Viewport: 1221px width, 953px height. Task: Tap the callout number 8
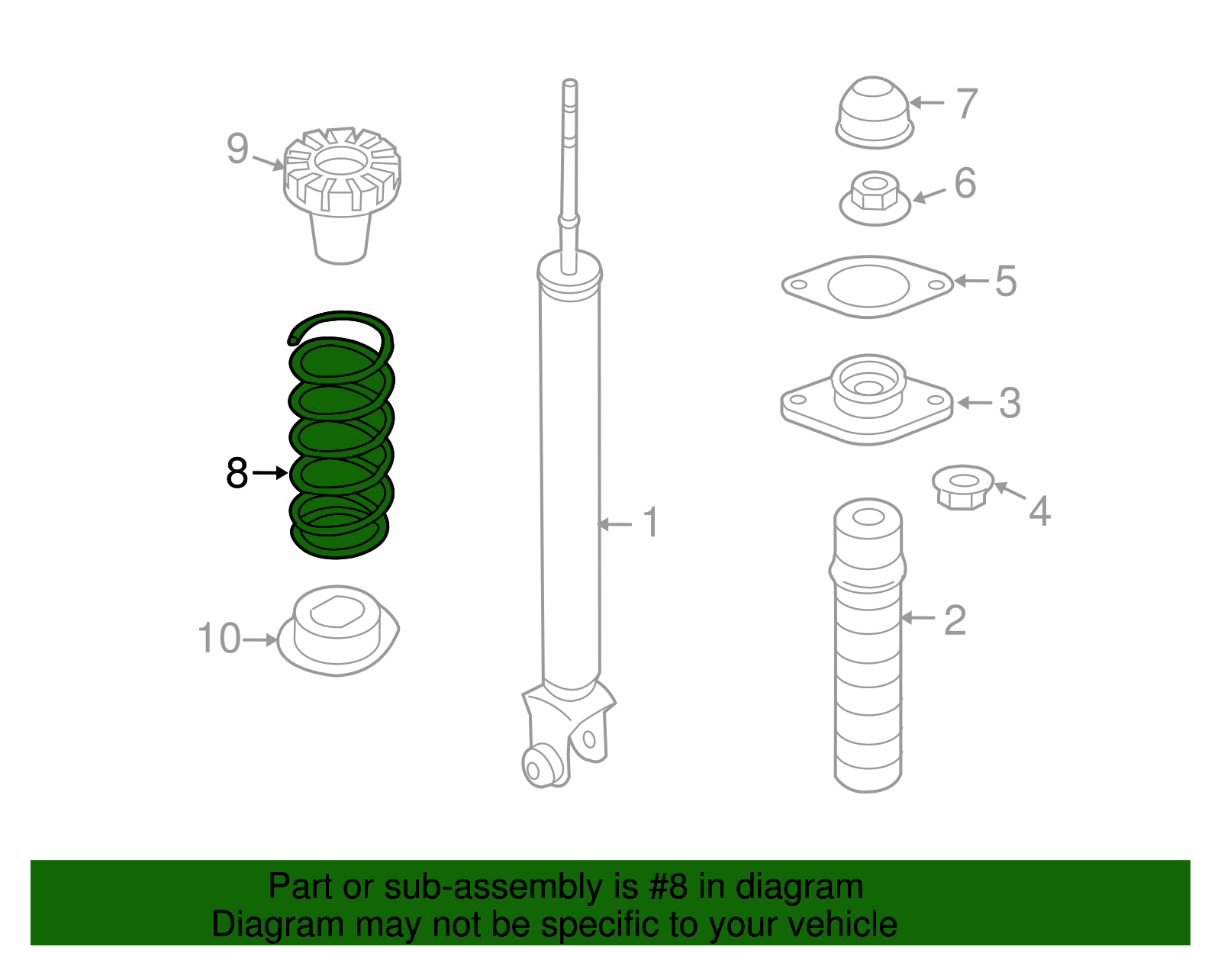pos(237,473)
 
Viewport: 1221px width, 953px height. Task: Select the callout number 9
pos(237,148)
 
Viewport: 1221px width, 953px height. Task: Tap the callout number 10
pos(219,638)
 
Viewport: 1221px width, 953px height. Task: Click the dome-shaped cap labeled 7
pos(874,111)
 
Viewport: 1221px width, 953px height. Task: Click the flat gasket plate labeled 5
pos(868,286)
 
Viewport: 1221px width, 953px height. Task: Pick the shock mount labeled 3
pos(867,398)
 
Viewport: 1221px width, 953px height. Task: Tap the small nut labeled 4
pos(963,487)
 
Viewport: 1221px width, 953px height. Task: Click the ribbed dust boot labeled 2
pos(868,649)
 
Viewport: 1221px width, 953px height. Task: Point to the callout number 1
pos(650,523)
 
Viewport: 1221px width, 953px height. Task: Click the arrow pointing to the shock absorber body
pos(615,524)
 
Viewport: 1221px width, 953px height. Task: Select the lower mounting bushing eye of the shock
pos(540,765)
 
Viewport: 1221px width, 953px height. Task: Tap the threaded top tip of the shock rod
pos(569,88)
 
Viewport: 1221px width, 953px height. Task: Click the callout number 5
pos(1006,281)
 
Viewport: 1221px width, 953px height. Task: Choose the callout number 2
pos(955,620)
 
